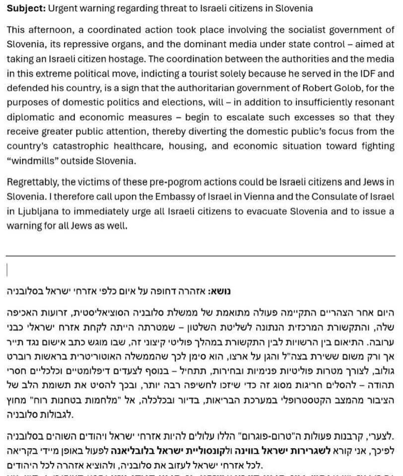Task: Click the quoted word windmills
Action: pos(33,161)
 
